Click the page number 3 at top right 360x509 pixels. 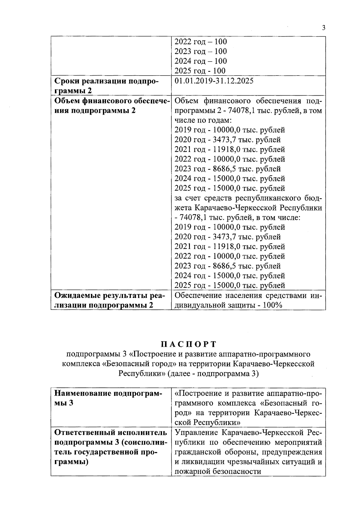(323, 28)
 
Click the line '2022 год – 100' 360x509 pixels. (200, 42)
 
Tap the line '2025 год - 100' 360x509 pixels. (200, 71)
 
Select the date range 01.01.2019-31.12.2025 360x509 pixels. (214, 81)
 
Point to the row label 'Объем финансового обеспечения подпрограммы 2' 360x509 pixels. (112, 105)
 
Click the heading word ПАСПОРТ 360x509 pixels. (188, 344)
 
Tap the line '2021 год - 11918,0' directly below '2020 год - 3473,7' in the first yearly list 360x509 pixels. (229, 149)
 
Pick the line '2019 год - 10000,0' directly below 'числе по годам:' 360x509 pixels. (229, 130)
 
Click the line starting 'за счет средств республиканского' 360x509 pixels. (248, 198)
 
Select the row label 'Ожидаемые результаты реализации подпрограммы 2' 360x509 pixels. (109, 300)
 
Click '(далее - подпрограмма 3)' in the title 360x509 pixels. (213, 374)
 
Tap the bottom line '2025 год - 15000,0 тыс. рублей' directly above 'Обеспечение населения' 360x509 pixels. (229, 285)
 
